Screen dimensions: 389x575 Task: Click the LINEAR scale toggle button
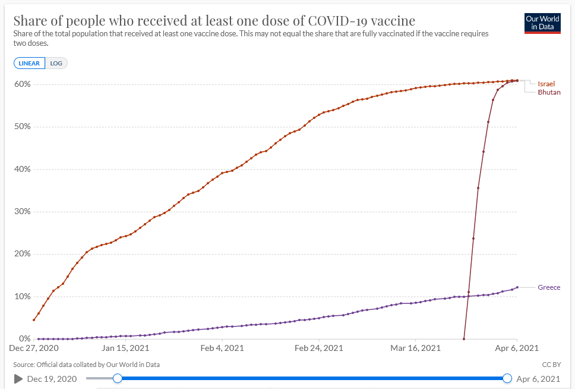pyautogui.click(x=29, y=63)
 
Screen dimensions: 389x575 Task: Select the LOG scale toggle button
pyautogui.click(x=56, y=63)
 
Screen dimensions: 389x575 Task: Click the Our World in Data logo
pyautogui.click(x=542, y=23)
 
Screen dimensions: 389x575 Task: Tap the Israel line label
pyautogui.click(x=546, y=84)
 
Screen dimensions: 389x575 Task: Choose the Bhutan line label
pyautogui.click(x=549, y=92)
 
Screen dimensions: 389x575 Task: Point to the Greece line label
pyautogui.click(x=549, y=287)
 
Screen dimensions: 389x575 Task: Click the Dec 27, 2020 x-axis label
pyautogui.click(x=33, y=348)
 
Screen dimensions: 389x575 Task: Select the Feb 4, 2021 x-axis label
pyautogui.click(x=222, y=348)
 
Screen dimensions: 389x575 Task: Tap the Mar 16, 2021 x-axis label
pyautogui.click(x=416, y=348)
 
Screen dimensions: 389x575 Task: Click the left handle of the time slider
pyautogui.click(x=118, y=378)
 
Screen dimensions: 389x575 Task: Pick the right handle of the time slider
pyautogui.click(x=507, y=378)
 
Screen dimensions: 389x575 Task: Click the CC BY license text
pyautogui.click(x=551, y=365)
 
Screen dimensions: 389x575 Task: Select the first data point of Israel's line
pyautogui.click(x=34, y=320)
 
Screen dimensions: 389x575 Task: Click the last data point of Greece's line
pyautogui.click(x=517, y=287)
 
